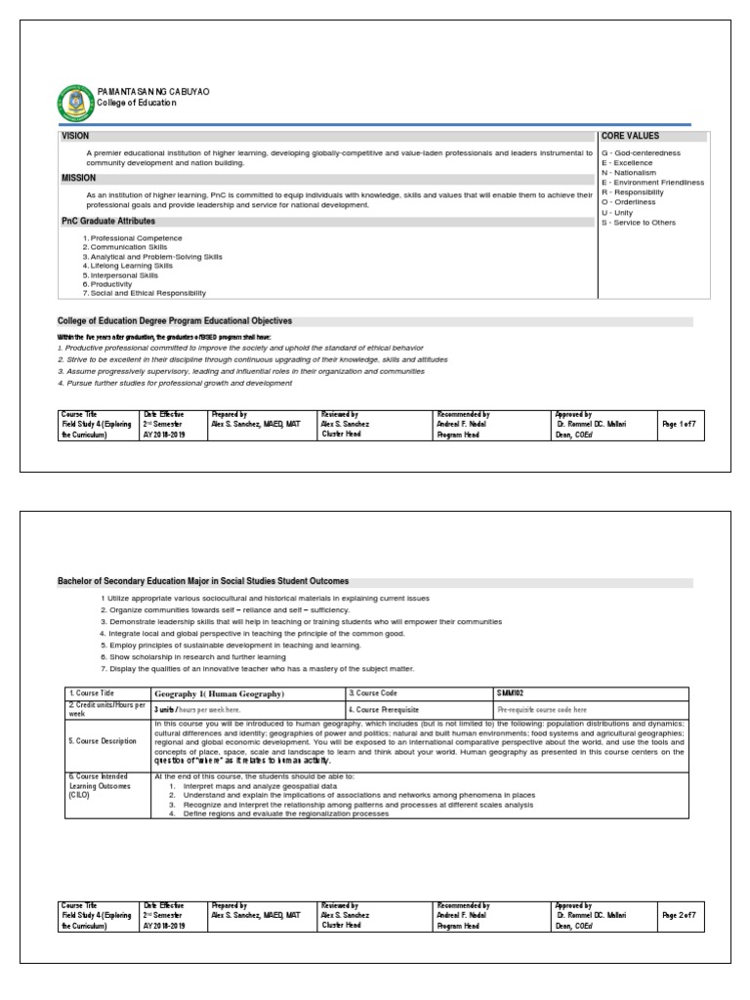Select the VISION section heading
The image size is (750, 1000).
(77, 136)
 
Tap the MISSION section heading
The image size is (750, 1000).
(79, 179)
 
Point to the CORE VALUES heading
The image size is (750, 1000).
(630, 136)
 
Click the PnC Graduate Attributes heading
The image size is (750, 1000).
(107, 222)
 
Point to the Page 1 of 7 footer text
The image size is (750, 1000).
(679, 425)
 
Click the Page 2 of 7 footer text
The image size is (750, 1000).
(679, 915)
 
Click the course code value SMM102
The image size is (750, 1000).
(511, 693)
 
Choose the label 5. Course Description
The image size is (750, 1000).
(103, 741)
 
